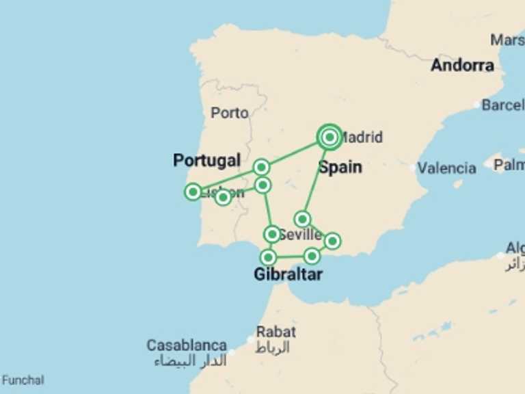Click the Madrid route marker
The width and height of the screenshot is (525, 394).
tap(329, 137)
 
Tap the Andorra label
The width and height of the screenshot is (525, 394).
tap(462, 66)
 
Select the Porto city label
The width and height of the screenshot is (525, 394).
tap(230, 113)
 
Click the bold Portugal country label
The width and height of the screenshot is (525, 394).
tap(206, 160)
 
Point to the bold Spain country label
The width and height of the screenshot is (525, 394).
tap(340, 167)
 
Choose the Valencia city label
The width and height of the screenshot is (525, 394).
tap(447, 168)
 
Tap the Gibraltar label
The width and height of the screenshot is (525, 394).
tap(288, 275)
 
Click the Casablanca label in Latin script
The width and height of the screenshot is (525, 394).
tap(187, 345)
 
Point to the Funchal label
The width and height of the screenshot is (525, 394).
tap(23, 380)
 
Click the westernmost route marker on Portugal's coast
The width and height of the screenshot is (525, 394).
tap(193, 192)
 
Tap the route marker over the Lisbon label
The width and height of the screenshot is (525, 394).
tap(223, 198)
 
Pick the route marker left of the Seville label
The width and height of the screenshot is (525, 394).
tap(272, 235)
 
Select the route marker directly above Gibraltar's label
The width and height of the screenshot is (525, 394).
tap(269, 257)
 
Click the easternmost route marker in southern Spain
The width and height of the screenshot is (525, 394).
tap(332, 241)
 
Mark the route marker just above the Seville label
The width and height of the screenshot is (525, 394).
tap(302, 219)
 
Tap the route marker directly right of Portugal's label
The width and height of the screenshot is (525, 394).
tap(261, 167)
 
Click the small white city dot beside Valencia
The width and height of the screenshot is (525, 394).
tap(413, 168)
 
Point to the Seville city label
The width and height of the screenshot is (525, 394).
tap(300, 235)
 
